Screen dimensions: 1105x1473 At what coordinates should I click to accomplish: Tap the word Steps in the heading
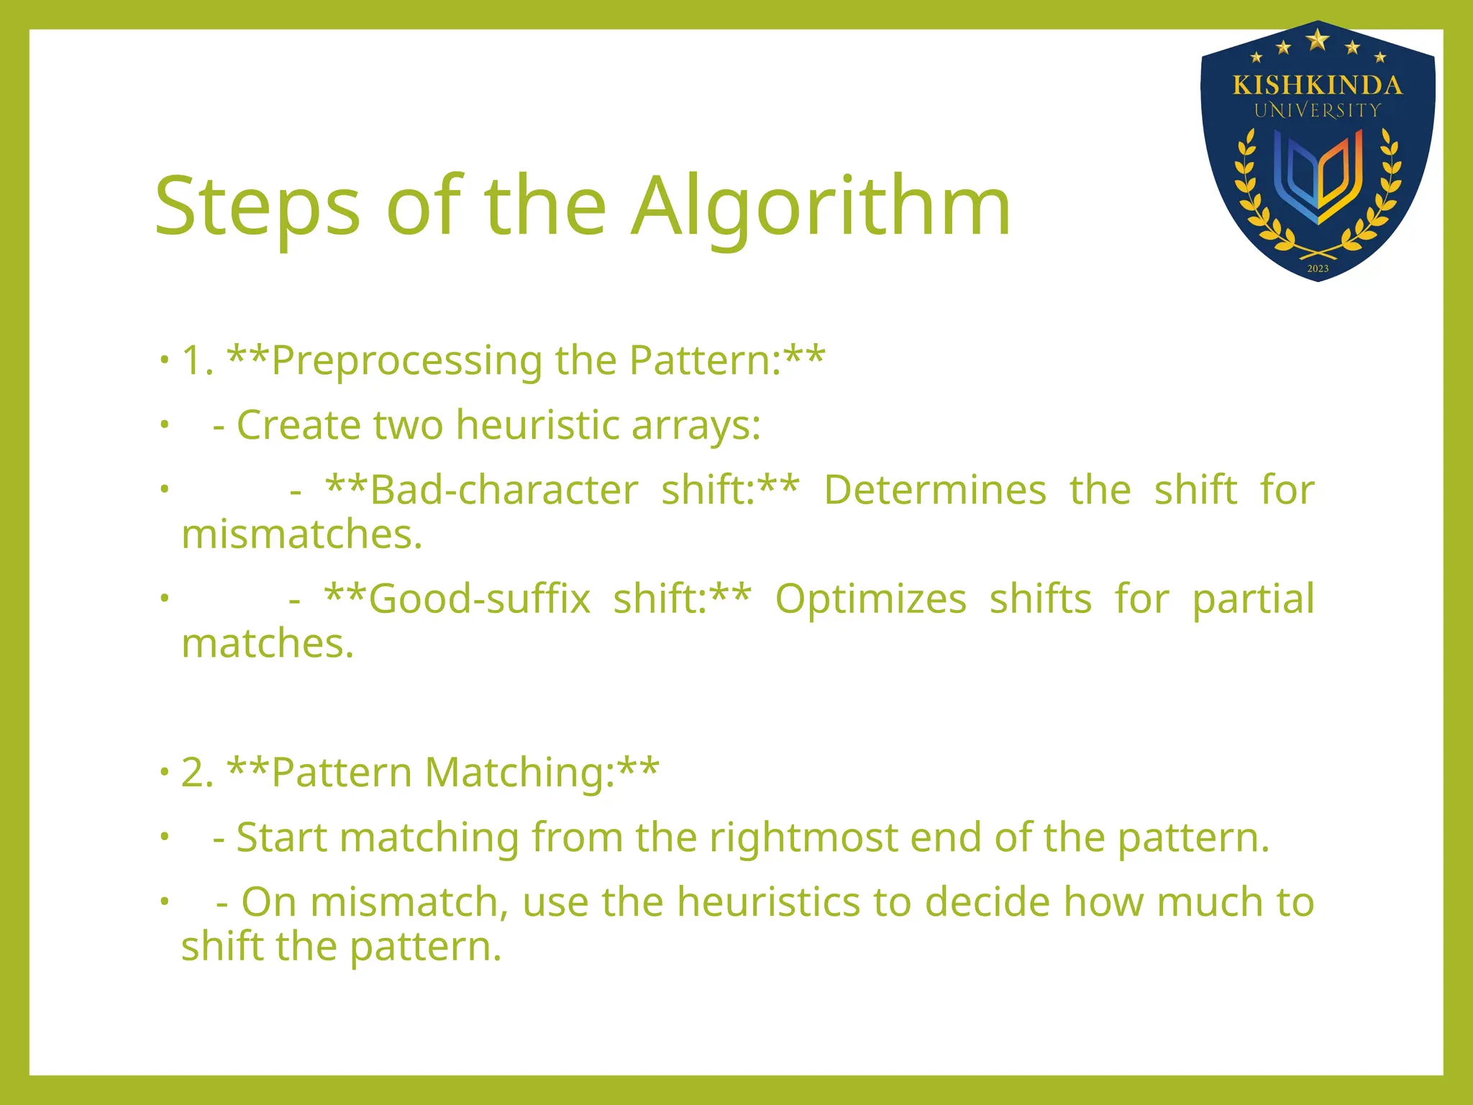pyautogui.click(x=257, y=209)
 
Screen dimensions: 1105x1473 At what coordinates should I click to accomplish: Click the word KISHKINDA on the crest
pyautogui.click(x=1317, y=86)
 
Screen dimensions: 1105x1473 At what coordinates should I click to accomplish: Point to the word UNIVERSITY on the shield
pyautogui.click(x=1317, y=111)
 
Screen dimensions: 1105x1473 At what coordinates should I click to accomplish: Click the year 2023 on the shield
pyautogui.click(x=1318, y=268)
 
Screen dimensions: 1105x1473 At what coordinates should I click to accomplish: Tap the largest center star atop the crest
pyautogui.click(x=1317, y=39)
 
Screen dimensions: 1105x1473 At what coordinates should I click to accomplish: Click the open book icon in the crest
pyautogui.click(x=1317, y=176)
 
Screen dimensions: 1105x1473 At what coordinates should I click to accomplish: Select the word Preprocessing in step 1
pyautogui.click(x=406, y=360)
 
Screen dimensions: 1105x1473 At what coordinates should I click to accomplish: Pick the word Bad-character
pyautogui.click(x=503, y=491)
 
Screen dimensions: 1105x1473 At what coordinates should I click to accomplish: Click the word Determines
pyautogui.click(x=935, y=491)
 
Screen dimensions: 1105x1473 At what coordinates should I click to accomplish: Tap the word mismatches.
pyautogui.click(x=301, y=535)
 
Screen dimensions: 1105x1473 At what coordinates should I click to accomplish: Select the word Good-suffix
pyautogui.click(x=479, y=599)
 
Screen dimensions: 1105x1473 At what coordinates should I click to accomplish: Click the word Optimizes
pyautogui.click(x=870, y=599)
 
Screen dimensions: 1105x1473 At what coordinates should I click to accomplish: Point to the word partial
pyautogui.click(x=1253, y=599)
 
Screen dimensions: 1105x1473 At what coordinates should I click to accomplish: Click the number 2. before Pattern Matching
pyautogui.click(x=197, y=773)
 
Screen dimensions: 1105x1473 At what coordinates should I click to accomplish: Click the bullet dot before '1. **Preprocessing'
pyautogui.click(x=165, y=358)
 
